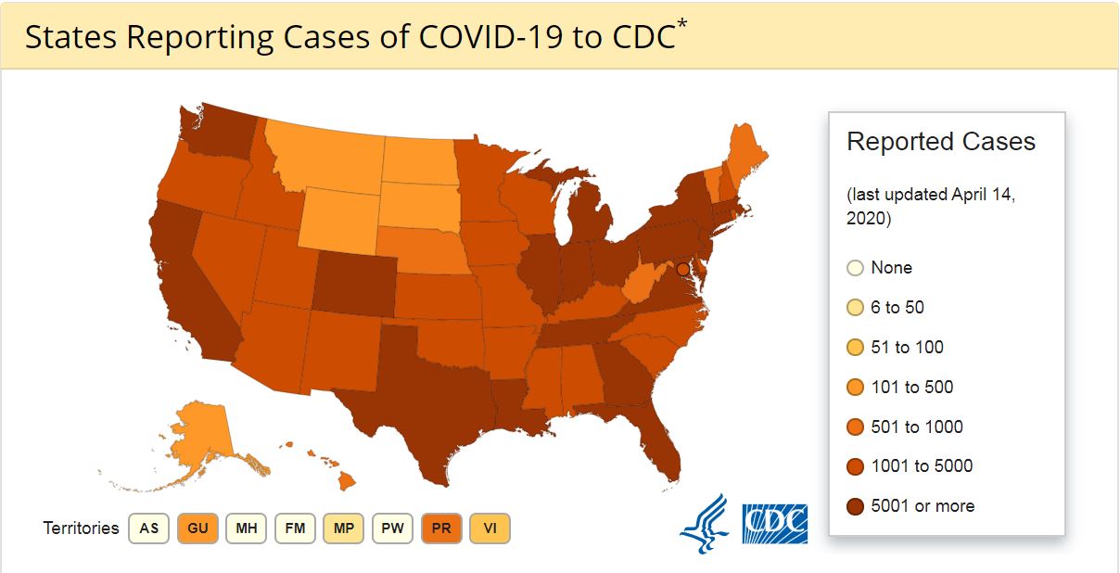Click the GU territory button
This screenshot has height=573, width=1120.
click(x=197, y=528)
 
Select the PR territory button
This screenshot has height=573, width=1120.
click(x=441, y=528)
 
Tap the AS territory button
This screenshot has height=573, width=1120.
click(x=148, y=528)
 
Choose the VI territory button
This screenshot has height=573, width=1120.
click(x=490, y=528)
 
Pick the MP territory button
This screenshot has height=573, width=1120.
click(x=344, y=528)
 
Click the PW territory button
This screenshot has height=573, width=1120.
click(x=393, y=528)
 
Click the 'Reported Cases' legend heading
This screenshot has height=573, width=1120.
click(x=941, y=142)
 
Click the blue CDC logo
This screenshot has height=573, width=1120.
click(x=774, y=524)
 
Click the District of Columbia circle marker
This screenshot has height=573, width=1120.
click(x=683, y=269)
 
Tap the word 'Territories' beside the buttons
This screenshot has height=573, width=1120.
click(x=81, y=528)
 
